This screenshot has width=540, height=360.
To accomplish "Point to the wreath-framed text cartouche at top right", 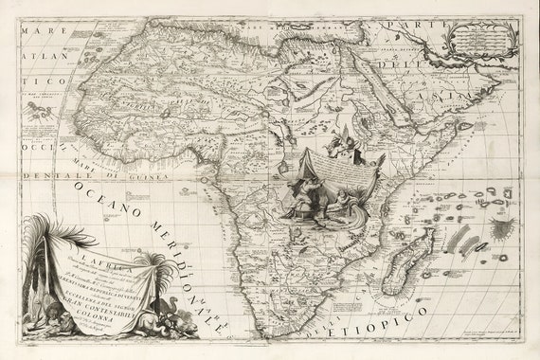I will point(481,38).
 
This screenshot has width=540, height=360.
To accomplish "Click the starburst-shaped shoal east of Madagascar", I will point(503,228).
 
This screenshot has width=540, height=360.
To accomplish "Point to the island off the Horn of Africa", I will point(465,126).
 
